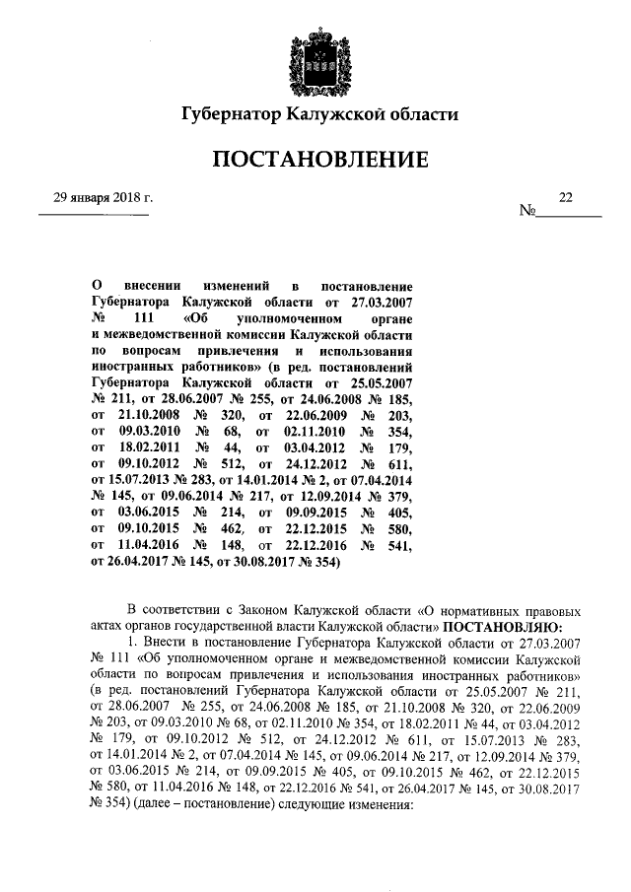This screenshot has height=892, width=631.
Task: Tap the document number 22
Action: pos(565,198)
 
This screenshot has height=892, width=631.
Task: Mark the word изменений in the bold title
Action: pos(235,285)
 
